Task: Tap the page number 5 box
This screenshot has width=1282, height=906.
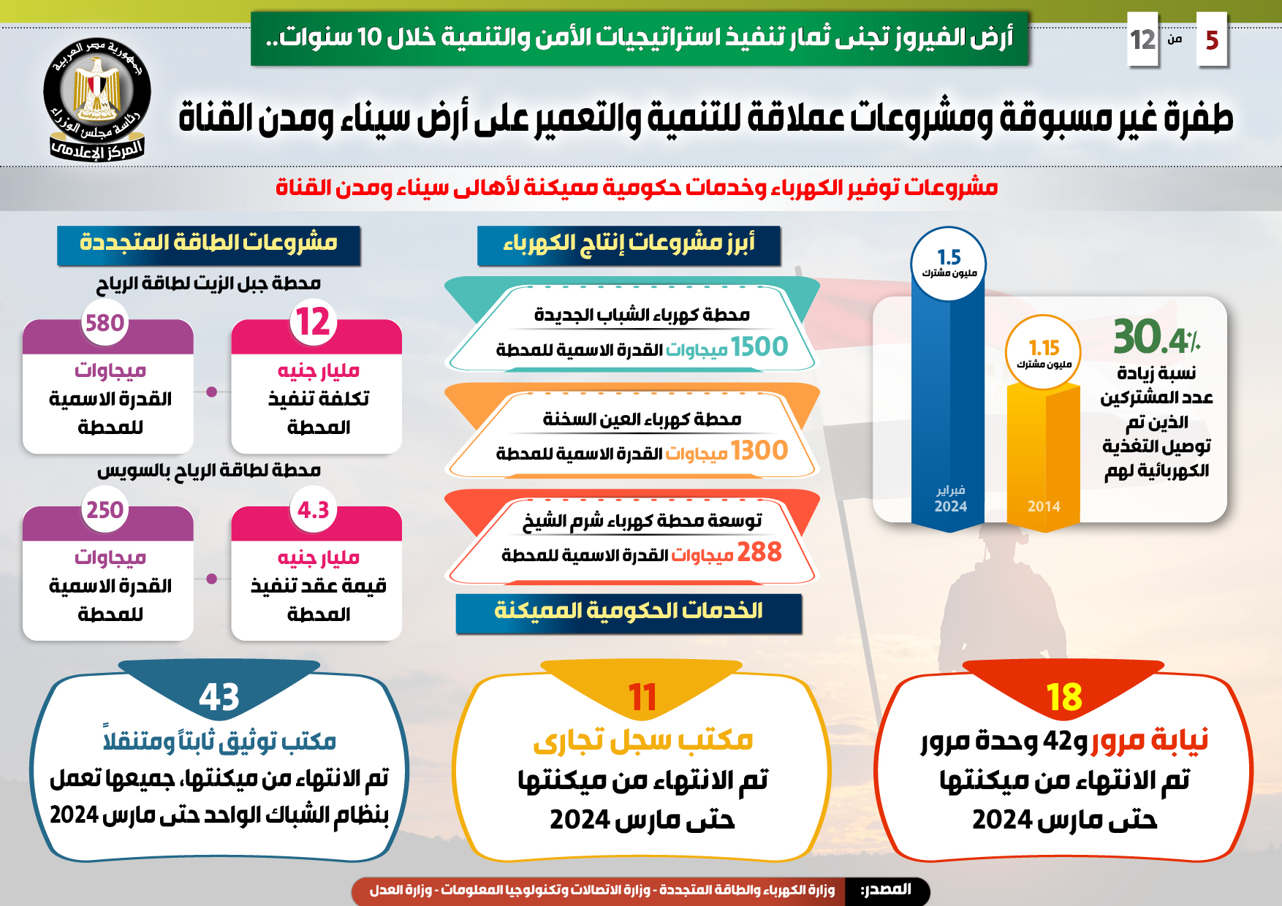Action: [x=1211, y=39]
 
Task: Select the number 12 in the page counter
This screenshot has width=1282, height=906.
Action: [x=1142, y=39]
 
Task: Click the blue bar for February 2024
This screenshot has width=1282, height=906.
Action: [x=949, y=409]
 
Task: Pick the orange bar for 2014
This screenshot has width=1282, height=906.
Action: [x=1043, y=453]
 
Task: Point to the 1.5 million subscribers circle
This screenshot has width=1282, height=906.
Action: [x=949, y=264]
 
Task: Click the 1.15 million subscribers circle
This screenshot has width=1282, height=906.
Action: [x=1043, y=351]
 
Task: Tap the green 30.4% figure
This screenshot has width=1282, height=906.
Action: [x=1155, y=338]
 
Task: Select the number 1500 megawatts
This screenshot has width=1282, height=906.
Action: [x=759, y=347]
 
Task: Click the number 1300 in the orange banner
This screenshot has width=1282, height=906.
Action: [x=759, y=451]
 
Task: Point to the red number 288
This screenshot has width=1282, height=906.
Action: [x=759, y=552]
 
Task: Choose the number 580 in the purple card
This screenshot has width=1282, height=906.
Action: [x=105, y=323]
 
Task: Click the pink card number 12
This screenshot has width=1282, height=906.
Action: [x=313, y=322]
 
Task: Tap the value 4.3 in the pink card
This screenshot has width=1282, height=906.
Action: [x=313, y=510]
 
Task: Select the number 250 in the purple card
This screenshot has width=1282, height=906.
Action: [x=105, y=510]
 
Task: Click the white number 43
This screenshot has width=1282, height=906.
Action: [x=219, y=697]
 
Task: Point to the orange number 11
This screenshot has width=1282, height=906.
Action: [x=642, y=697]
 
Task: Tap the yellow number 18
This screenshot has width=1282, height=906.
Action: [x=1063, y=697]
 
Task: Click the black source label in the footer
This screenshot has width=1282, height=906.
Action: [x=886, y=890]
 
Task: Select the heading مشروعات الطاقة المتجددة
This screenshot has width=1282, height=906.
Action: [x=208, y=243]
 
